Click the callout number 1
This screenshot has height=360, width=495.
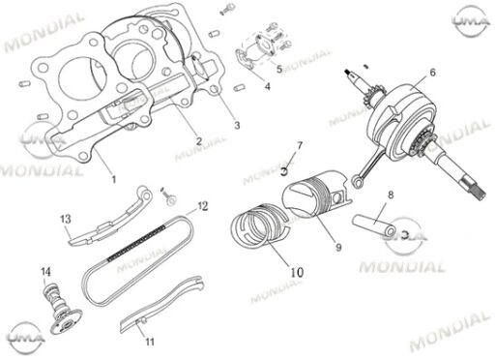(113, 179)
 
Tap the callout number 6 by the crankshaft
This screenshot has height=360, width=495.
(432, 73)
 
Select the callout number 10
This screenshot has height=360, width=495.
(297, 273)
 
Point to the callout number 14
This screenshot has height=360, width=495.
(45, 272)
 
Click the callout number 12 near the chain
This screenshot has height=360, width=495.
(203, 206)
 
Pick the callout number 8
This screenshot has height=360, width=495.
(391, 195)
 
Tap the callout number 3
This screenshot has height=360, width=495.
(237, 125)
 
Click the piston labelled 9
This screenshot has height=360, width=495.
(317, 195)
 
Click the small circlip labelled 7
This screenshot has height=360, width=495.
(284, 171)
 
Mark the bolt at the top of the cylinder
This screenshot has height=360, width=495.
(227, 9)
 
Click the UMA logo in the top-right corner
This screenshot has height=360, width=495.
(471, 20)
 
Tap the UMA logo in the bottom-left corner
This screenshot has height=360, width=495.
(26, 338)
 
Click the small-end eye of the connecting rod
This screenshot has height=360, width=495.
(357, 182)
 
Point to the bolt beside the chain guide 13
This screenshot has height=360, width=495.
(168, 196)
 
